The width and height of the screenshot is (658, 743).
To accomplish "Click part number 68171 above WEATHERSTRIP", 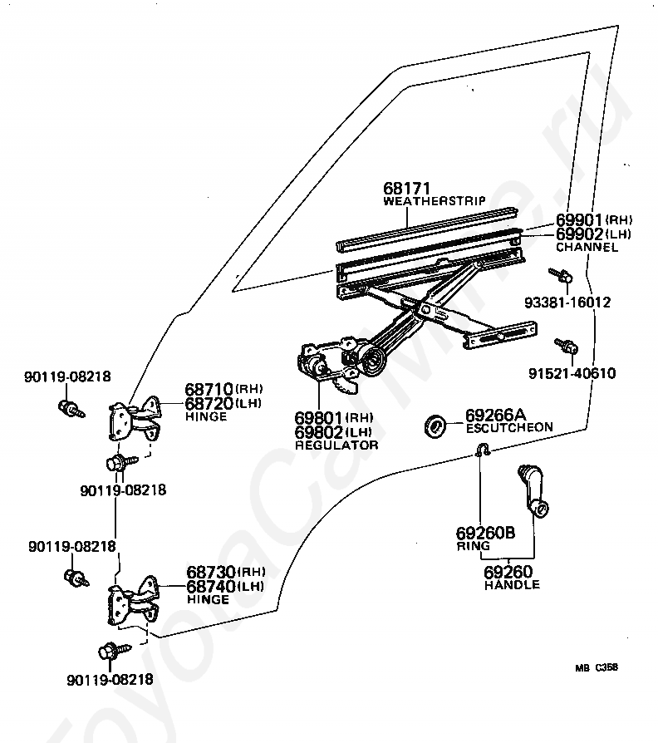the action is pyautogui.click(x=406, y=188).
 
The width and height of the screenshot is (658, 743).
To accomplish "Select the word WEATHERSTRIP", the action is pyautogui.click(x=435, y=201).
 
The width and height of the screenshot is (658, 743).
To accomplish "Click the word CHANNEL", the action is pyautogui.click(x=587, y=247).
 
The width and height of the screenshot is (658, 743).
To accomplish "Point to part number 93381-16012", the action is pyautogui.click(x=567, y=303).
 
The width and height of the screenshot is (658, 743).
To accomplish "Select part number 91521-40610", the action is pyautogui.click(x=572, y=373).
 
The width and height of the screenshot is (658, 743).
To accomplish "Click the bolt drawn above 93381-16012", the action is pyautogui.click(x=562, y=275).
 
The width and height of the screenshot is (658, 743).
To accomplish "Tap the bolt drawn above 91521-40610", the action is pyautogui.click(x=567, y=346).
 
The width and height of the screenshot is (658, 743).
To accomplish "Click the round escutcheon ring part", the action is pyautogui.click(x=435, y=425).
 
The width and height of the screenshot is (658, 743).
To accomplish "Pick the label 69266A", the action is pyautogui.click(x=495, y=415).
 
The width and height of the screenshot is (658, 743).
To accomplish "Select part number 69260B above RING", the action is pyautogui.click(x=485, y=533).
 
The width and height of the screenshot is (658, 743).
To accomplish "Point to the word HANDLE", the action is pyautogui.click(x=512, y=585).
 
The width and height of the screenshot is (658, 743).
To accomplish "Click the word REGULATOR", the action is pyautogui.click(x=336, y=445).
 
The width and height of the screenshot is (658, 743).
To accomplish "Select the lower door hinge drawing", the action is pyautogui.click(x=134, y=599).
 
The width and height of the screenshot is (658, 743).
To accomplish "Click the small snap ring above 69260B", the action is pyautogui.click(x=483, y=450).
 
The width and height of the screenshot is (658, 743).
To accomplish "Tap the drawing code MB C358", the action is pyautogui.click(x=597, y=667).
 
